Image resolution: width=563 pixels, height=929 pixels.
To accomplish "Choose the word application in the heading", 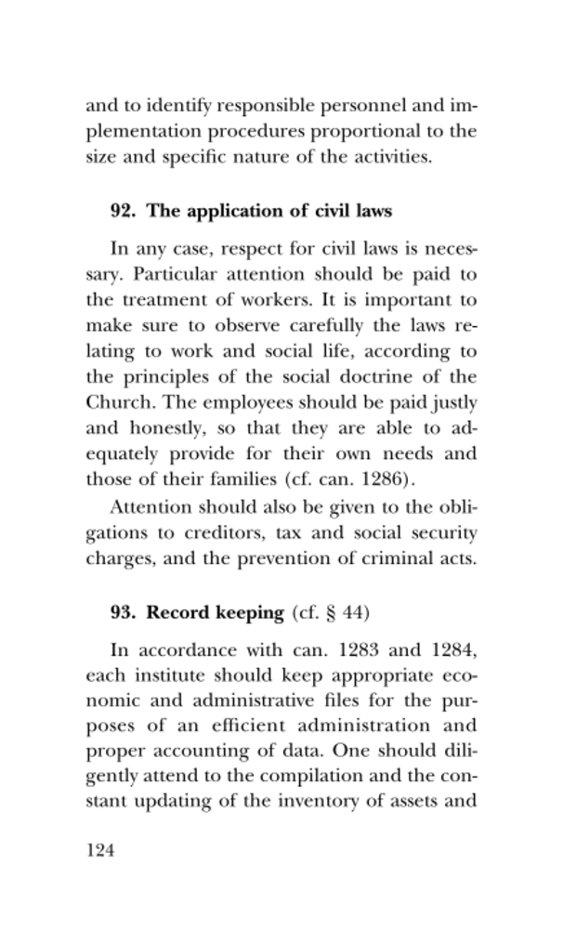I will click(229, 211).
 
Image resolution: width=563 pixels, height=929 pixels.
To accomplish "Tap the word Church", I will click(115, 403).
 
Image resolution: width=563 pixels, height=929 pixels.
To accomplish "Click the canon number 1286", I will click(383, 480).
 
